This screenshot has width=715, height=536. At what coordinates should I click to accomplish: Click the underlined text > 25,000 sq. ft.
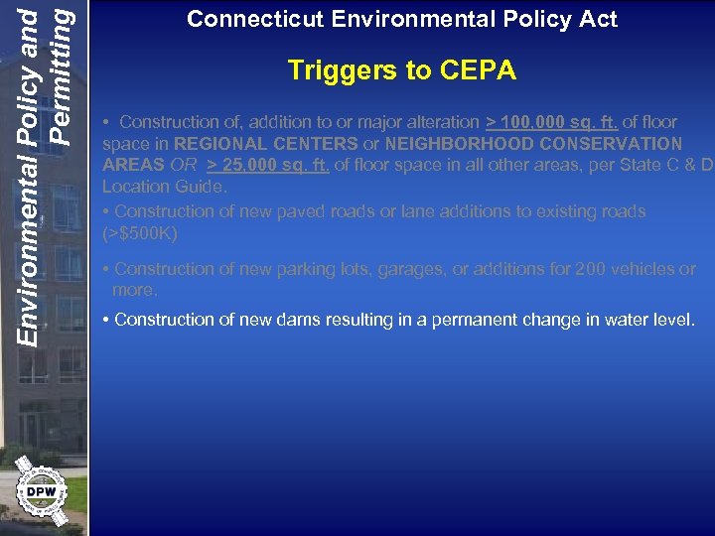tap(267, 165)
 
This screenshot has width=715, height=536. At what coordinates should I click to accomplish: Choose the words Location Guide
tap(164, 187)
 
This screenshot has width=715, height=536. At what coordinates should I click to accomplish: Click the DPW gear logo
tap(41, 491)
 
